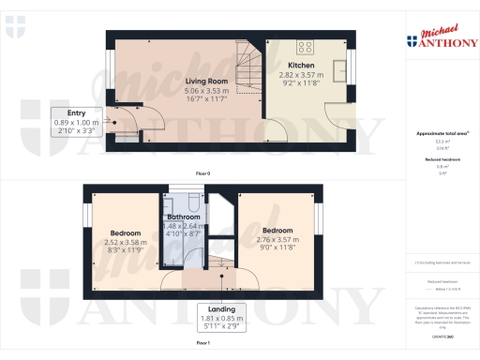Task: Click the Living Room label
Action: click(206, 81)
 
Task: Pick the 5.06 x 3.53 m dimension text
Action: click(206, 91)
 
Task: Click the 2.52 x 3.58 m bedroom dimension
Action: click(126, 242)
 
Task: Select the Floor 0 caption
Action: click(202, 173)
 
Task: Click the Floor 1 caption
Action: click(202, 344)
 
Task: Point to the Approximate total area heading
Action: click(441, 134)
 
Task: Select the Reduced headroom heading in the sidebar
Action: click(441, 161)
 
